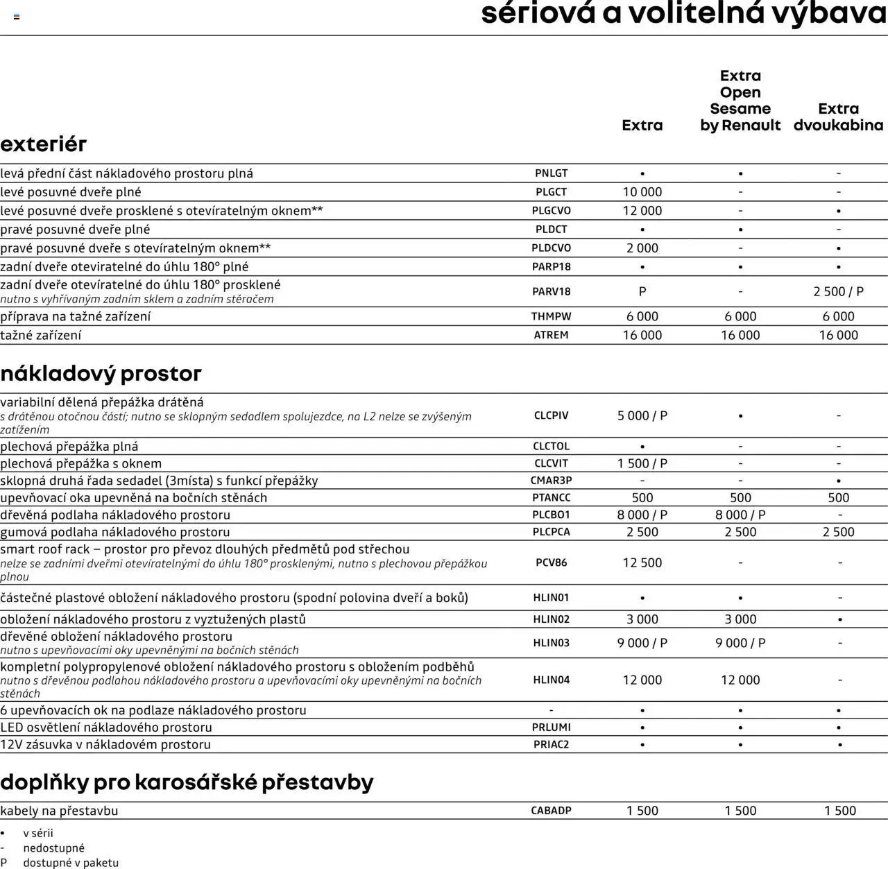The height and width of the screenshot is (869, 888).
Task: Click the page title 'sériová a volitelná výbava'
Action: coord(683,14)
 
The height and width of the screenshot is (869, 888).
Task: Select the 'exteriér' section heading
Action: coord(44,144)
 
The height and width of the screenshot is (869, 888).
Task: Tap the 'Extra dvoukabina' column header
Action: coord(838,117)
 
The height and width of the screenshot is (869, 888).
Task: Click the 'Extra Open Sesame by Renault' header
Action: coord(740,101)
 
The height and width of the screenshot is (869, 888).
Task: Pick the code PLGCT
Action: coord(551,192)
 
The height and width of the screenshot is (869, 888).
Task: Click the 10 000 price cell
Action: coord(642,192)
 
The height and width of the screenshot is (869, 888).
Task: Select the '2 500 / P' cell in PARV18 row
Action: coord(838,292)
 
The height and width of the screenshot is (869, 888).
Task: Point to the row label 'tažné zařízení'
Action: coord(41,335)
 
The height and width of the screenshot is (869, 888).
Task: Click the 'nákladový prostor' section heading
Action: coord(101,373)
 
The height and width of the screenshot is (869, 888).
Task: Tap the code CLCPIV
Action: coord(551,415)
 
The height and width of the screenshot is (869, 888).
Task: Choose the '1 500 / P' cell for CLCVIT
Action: coord(642,463)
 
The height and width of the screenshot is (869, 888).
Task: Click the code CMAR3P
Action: coord(551,481)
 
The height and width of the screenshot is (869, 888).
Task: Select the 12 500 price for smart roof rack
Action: coord(642,562)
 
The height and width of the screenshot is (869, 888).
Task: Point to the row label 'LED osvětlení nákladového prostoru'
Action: coord(106,727)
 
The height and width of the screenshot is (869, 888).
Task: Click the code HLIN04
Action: coord(551,680)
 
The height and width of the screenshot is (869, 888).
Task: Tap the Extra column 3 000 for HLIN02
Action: coord(642,619)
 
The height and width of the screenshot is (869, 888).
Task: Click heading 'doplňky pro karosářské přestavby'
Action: coord(187,782)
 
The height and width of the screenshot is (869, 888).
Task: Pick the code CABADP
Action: coord(551,810)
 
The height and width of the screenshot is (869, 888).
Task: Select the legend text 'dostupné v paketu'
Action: coord(71,863)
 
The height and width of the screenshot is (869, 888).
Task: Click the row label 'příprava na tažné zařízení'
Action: coord(75,316)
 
